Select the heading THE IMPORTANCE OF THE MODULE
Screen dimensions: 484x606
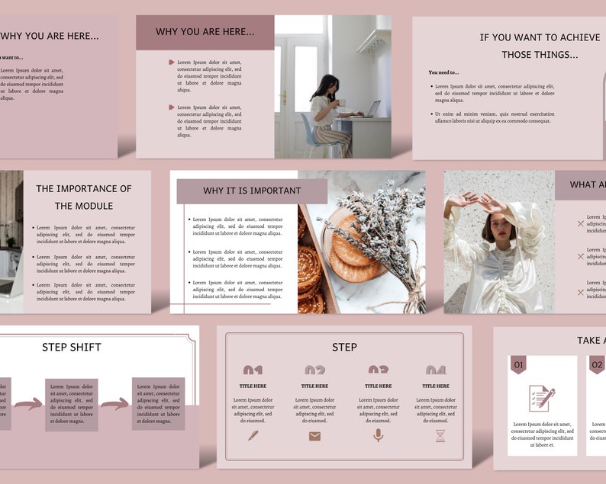click(x=84, y=197)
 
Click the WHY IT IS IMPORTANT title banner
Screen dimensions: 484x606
click(x=252, y=191)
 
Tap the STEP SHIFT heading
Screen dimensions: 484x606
click(x=72, y=348)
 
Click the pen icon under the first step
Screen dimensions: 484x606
click(x=253, y=436)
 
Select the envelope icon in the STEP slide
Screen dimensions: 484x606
click(x=314, y=436)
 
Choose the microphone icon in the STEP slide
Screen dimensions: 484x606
click(x=377, y=435)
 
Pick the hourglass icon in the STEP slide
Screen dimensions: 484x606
click(x=440, y=436)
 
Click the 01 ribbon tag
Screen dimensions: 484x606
click(x=519, y=365)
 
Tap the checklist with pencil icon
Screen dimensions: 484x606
click(x=542, y=398)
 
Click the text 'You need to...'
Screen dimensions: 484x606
click(x=444, y=72)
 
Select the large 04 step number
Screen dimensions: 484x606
click(x=436, y=371)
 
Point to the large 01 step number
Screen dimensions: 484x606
click(x=253, y=371)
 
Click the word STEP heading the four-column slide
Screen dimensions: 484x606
click(x=344, y=348)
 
